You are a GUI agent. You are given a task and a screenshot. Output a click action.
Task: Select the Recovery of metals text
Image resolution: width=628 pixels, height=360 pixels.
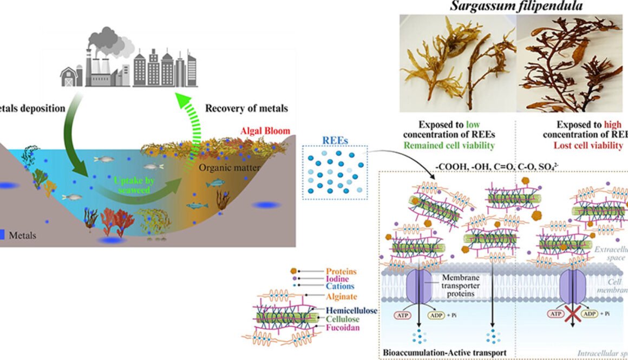[246, 108]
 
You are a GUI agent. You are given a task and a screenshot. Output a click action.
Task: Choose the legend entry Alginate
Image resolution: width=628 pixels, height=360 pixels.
[342, 297]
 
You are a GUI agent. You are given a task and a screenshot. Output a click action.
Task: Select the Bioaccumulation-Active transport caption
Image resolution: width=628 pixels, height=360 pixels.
[445, 352]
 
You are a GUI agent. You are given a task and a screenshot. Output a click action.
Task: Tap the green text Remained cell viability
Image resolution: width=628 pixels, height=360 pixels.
[456, 146]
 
